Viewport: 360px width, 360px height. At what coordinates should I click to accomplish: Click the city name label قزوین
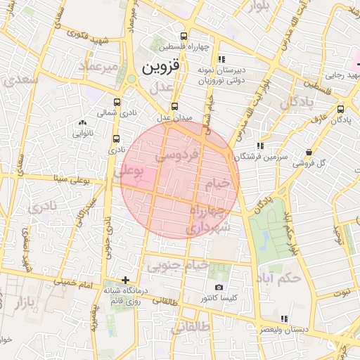(x=161, y=67)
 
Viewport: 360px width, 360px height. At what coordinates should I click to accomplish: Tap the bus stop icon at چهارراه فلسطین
(x=184, y=37)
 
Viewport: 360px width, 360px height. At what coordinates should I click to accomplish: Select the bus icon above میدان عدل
(x=175, y=107)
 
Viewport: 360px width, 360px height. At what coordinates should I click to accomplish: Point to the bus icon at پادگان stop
(x=341, y=109)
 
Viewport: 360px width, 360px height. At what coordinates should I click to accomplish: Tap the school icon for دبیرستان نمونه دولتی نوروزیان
(x=222, y=60)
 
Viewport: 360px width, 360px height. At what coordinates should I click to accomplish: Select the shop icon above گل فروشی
(x=310, y=151)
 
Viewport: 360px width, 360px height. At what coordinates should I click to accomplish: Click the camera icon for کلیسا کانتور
(x=219, y=288)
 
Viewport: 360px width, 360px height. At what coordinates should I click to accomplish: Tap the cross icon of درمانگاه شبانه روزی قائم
(x=125, y=280)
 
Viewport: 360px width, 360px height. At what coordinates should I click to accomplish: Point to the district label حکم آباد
(x=280, y=274)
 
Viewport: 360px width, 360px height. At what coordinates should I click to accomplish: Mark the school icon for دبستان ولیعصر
(x=284, y=319)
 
